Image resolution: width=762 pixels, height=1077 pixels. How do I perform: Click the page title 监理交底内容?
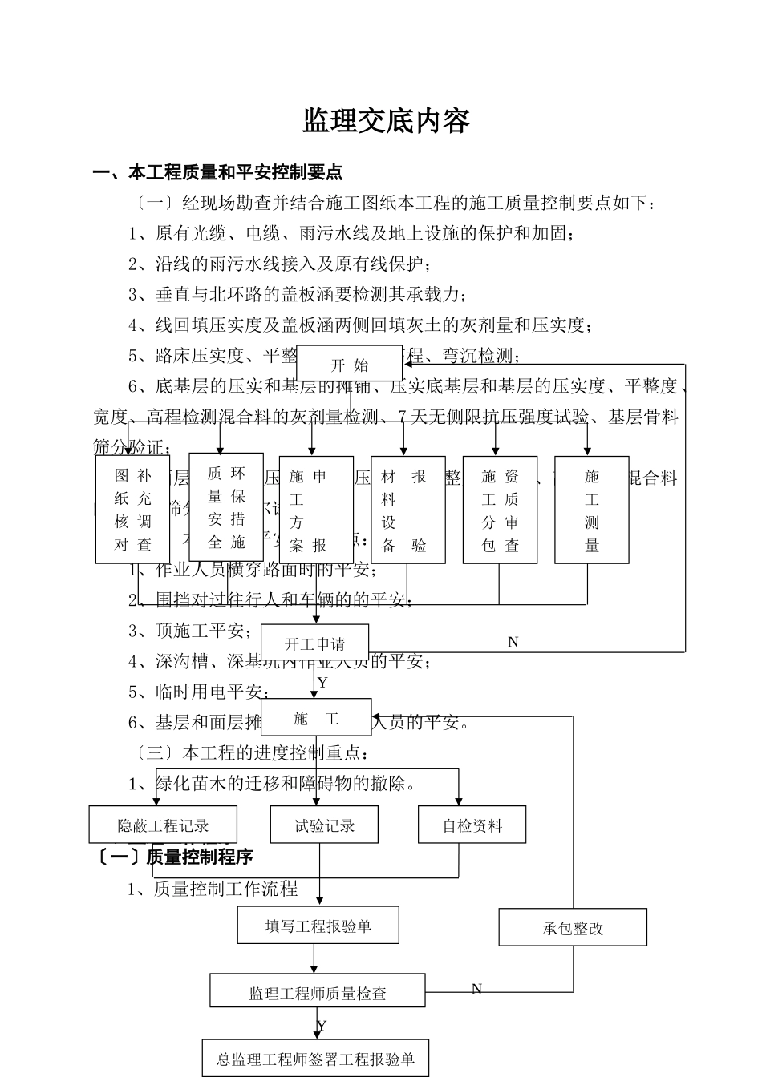click(385, 121)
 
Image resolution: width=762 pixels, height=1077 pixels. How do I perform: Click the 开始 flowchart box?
click(349, 365)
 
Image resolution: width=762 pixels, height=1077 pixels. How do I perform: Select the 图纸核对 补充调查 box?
click(132, 510)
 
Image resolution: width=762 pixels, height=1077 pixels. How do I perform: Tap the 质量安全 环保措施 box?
click(226, 507)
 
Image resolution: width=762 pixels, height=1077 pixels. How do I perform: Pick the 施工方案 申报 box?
click(316, 510)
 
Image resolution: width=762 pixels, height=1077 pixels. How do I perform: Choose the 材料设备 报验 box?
click(407, 510)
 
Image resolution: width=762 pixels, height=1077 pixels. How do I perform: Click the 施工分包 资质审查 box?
click(500, 510)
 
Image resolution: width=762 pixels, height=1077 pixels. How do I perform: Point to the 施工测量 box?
click(591, 510)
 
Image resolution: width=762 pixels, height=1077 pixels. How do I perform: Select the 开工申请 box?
click(314, 643)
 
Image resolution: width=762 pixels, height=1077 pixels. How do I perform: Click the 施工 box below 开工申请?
click(316, 718)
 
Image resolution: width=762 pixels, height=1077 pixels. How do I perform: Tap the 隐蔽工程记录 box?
click(163, 825)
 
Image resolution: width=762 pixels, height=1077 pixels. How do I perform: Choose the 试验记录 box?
click(324, 825)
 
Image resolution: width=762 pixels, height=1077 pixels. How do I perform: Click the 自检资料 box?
click(472, 825)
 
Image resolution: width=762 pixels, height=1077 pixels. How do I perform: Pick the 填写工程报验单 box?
click(318, 926)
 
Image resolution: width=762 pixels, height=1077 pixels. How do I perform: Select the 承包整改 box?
click(573, 928)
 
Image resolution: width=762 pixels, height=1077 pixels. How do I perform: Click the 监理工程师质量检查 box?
click(318, 992)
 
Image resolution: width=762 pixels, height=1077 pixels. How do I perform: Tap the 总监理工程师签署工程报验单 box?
click(315, 1059)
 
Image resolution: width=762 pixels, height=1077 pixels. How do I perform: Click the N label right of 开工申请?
click(513, 642)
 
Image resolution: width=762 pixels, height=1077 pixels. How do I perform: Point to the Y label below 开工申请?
click(322, 684)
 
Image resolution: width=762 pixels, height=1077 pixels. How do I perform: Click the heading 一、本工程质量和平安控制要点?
click(217, 172)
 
